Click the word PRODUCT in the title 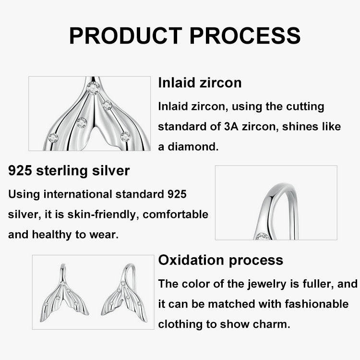tap(124, 36)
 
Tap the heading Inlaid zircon tap(200, 83)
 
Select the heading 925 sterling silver tap(69, 170)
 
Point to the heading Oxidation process tap(220, 260)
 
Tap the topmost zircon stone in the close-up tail tap(93, 88)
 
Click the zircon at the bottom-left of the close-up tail tap(53, 138)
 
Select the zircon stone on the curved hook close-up tap(262, 236)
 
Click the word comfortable tap(176, 214)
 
